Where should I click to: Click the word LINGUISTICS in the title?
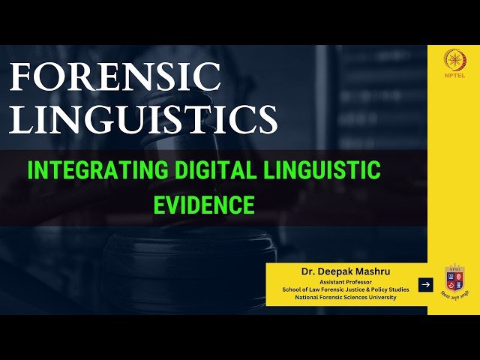[140, 120]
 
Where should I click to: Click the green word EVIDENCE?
[204, 203]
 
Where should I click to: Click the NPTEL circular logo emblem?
[454, 58]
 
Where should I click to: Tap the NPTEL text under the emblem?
[454, 76]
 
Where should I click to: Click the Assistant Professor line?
[340, 280]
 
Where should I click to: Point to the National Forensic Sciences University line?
[340, 297]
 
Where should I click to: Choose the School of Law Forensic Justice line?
[340, 289]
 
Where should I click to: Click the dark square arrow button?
[425, 284]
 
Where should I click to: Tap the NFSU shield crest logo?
[454, 279]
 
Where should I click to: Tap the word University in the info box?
[379, 297]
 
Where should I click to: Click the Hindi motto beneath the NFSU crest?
[454, 298]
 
